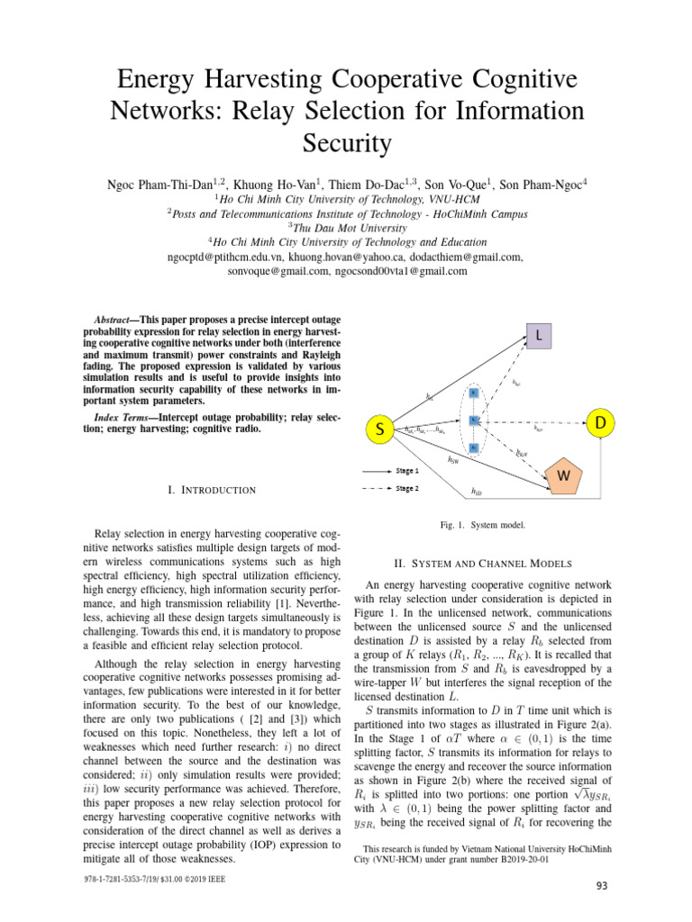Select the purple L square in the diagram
coord(538,336)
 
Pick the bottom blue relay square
coord(473,447)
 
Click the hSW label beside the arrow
coord(453,460)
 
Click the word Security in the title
coord(346,143)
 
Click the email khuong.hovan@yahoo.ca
coord(356,257)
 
